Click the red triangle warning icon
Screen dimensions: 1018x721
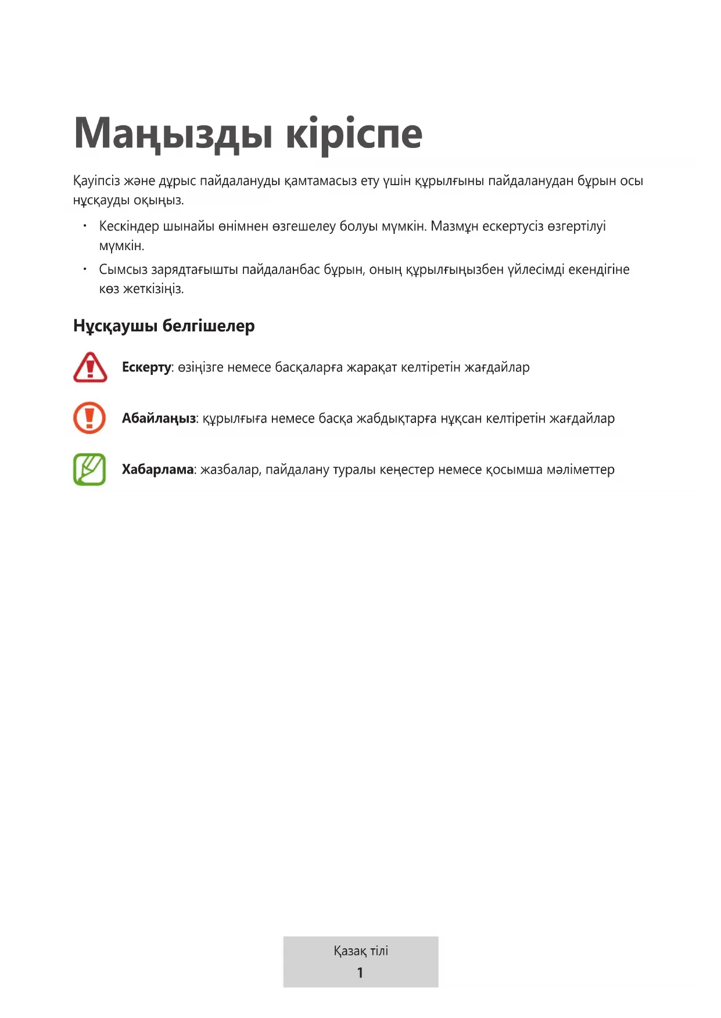pos(90,367)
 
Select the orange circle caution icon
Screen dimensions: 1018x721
pos(89,418)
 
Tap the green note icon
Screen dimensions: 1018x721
pos(89,469)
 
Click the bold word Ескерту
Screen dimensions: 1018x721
pos(146,367)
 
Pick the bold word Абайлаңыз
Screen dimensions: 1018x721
pos(159,418)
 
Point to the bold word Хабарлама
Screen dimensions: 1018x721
pos(157,470)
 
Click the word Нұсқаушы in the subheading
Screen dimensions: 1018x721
pos(115,326)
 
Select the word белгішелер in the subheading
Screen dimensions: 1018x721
pos(209,326)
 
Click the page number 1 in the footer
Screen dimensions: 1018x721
pos(360,973)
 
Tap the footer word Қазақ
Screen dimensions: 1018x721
pos(350,951)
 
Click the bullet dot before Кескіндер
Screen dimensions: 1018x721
pos(85,225)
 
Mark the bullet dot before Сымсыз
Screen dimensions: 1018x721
pos(85,269)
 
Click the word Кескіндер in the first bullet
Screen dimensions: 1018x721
pos(128,226)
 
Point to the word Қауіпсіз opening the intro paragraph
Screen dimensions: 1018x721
pos(96,181)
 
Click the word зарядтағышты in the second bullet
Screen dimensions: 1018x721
pos(195,270)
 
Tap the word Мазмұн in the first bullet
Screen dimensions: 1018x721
pos(454,226)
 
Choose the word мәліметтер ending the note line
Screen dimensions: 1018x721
pos(580,470)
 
